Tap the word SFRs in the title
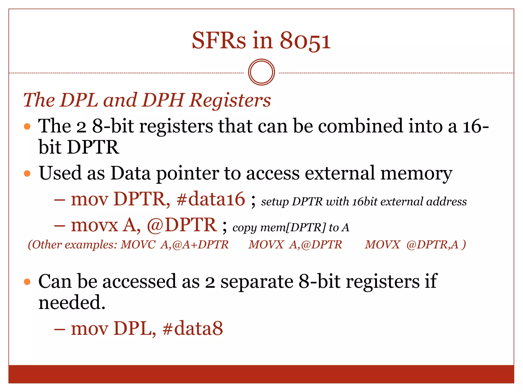pyautogui.click(x=219, y=41)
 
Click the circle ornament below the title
pyautogui.click(x=261, y=72)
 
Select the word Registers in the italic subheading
pyautogui.click(x=230, y=100)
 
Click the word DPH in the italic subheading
pyautogui.click(x=163, y=100)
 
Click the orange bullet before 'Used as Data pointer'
pyautogui.click(x=27, y=174)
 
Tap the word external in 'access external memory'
pyautogui.click(x=340, y=173)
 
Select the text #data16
pyautogui.click(x=211, y=199)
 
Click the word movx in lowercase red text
pyautogui.click(x=94, y=225)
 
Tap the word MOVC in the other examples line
pyautogui.click(x=138, y=245)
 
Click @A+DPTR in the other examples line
pyautogui.click(x=200, y=245)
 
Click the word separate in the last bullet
pyautogui.click(x=257, y=282)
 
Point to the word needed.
pyautogui.click(x=72, y=303)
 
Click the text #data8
pyautogui.click(x=193, y=329)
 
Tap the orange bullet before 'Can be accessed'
pyautogui.click(x=27, y=282)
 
